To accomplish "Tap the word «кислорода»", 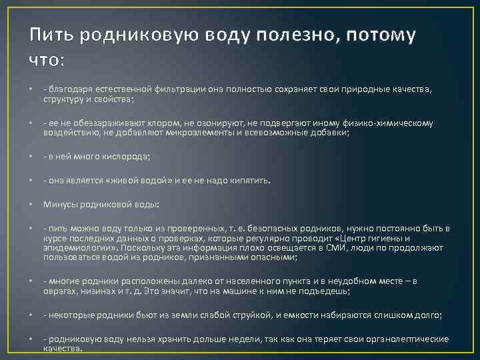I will (x=125, y=157).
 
